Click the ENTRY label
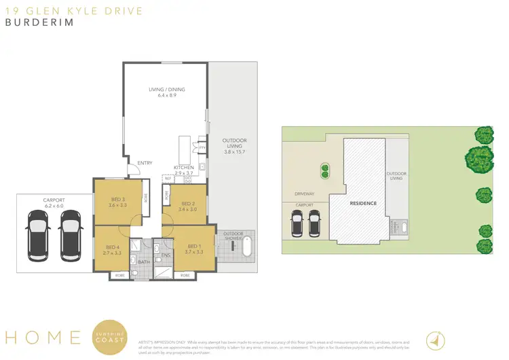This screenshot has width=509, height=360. (145, 163)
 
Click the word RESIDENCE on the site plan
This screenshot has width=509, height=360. (363, 203)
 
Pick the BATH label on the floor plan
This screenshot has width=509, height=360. (143, 262)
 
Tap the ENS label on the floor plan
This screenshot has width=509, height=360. (165, 255)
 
